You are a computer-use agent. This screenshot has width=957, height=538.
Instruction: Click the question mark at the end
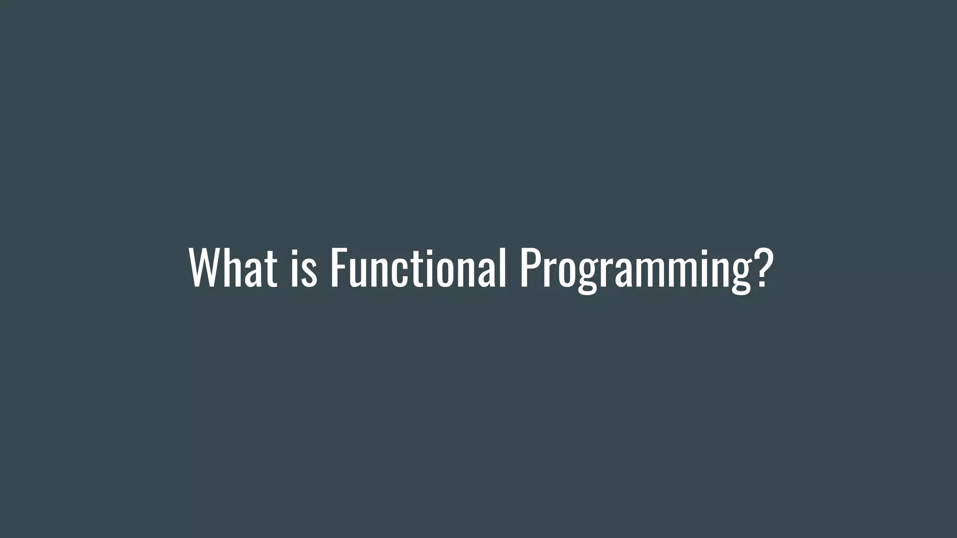pyautogui.click(x=760, y=268)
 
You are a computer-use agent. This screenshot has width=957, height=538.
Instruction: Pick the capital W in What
pyautogui.click(x=204, y=268)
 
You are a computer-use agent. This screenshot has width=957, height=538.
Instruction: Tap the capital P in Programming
pyautogui.click(x=529, y=268)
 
